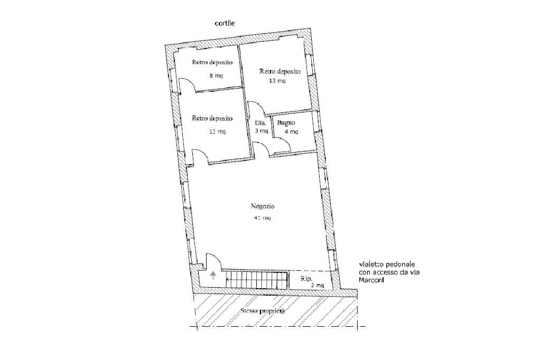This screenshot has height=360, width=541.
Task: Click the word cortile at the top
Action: point(225,23)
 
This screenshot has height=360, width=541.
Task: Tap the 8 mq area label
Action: point(216,75)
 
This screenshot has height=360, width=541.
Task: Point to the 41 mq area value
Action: point(262,217)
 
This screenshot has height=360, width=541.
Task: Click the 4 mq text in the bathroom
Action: point(291,131)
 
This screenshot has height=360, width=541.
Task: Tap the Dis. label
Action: point(260,122)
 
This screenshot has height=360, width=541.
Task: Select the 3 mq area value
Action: point(261,131)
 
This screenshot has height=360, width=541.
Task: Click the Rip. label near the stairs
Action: point(306,278)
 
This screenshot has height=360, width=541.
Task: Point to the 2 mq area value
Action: point(318,285)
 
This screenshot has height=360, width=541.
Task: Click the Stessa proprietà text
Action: point(263,311)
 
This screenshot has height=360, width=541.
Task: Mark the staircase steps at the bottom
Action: point(257,280)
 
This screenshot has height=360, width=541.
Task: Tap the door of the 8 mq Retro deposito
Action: point(186,84)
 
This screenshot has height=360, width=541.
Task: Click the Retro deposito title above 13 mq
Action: point(279,71)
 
